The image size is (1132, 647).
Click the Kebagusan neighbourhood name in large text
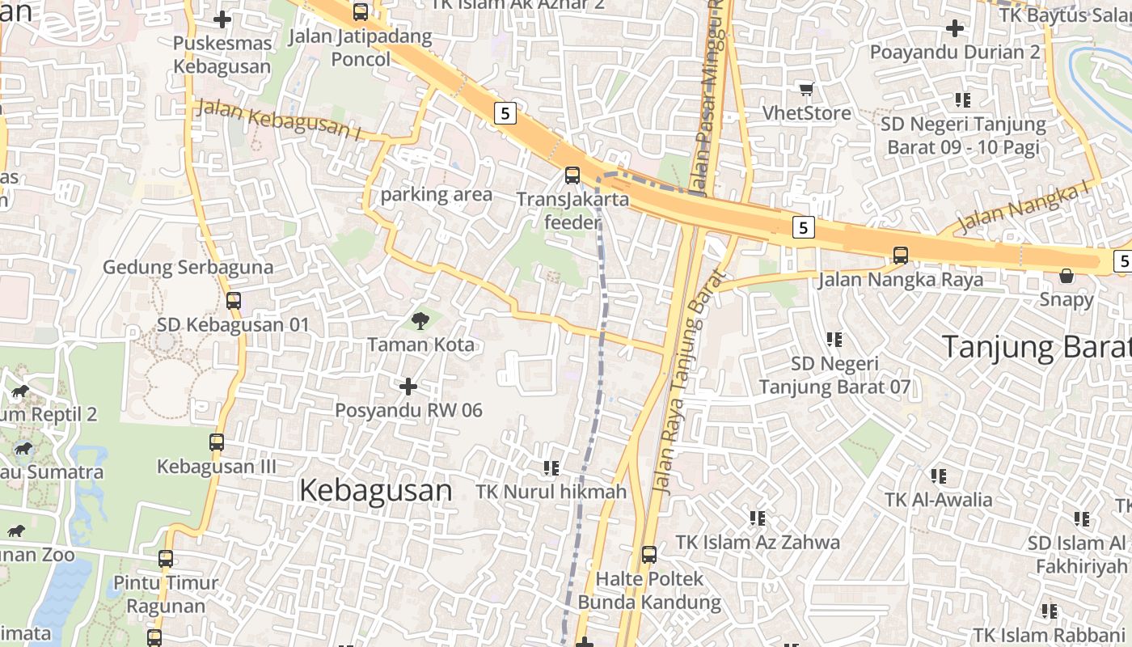tap(375, 490)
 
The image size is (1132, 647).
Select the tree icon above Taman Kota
tap(420, 321)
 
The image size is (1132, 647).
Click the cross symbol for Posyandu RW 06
tap(408, 387)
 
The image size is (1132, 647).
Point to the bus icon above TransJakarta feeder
tap(572, 175)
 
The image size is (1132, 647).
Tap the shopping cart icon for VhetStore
tap(806, 89)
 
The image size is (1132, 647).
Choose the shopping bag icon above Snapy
tap(1067, 276)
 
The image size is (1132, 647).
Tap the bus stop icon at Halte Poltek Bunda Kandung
tap(648, 555)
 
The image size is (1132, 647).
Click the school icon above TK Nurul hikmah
tap(551, 467)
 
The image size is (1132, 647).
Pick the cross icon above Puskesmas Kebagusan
tap(222, 19)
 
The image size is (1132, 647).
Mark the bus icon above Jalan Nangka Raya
tap(901, 256)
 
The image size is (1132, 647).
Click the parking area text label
tap(436, 194)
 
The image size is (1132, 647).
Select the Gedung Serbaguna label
tap(188, 267)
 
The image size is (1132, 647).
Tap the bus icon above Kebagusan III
tap(217, 442)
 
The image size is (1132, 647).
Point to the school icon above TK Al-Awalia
tap(938, 476)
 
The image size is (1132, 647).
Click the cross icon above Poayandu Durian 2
tap(955, 28)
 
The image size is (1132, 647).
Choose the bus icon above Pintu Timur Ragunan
tap(166, 558)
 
